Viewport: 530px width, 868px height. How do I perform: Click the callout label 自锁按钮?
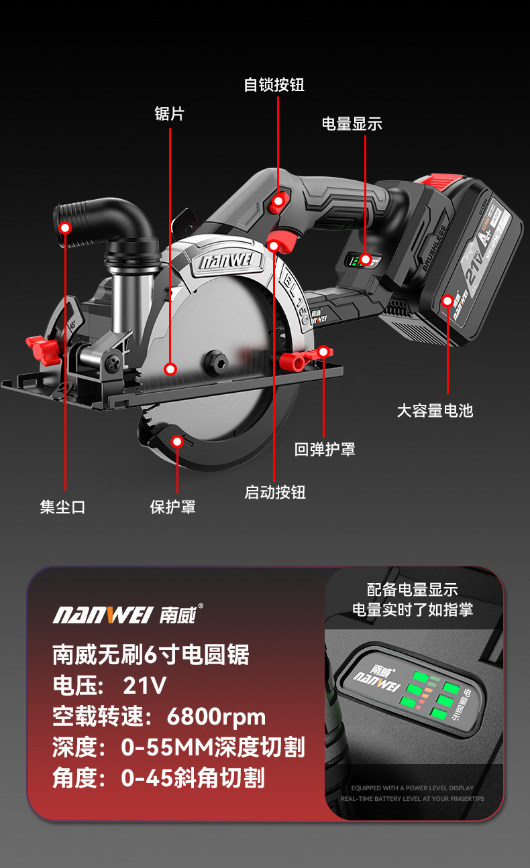274,85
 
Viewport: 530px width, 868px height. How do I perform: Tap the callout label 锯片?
169,114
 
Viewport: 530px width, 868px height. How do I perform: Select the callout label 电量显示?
352,123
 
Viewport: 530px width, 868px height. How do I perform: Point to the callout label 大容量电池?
435,410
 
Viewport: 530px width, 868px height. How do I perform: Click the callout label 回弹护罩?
325,449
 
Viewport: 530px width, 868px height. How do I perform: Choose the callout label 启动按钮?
274,493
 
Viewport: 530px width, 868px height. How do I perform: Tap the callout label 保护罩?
172,507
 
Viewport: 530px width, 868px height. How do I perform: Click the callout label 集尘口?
62,507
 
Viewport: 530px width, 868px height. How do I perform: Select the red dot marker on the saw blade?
170,369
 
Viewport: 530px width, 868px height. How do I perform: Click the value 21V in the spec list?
144,686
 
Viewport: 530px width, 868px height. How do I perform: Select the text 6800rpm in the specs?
216,717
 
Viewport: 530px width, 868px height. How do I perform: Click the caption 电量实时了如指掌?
413,609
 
